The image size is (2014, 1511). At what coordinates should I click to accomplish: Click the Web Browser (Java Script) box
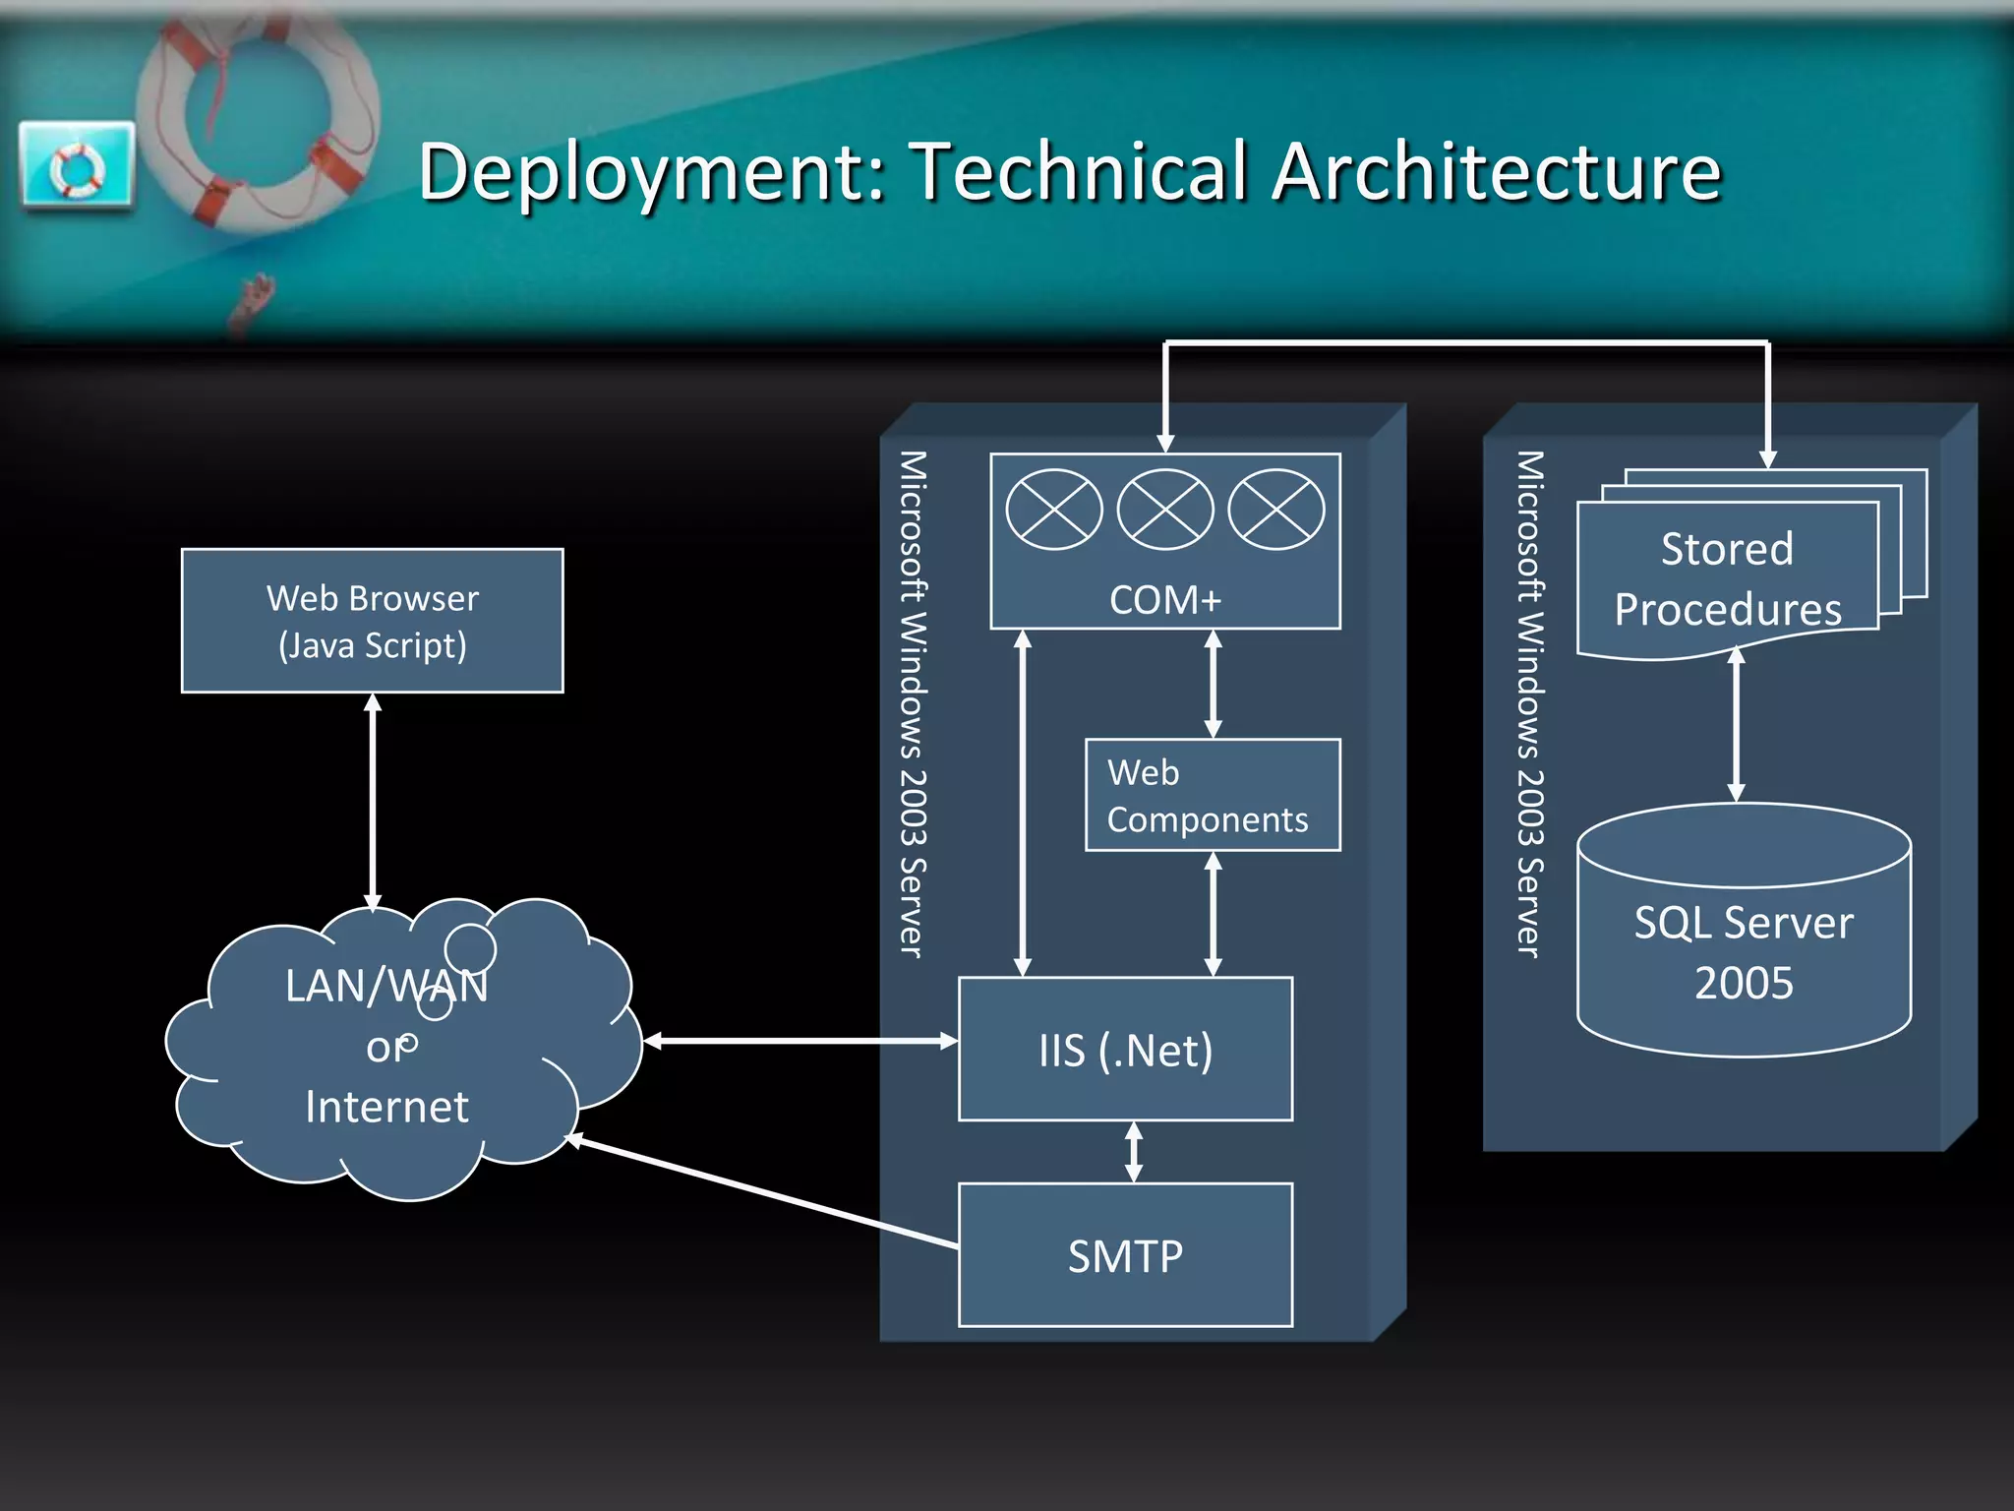coord(372,621)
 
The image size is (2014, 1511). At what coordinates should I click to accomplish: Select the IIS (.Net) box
coord(1125,1049)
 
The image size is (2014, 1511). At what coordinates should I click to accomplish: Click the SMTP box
coord(1125,1255)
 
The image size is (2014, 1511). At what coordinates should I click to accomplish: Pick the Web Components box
coord(1212,795)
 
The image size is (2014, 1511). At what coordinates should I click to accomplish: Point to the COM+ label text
coord(1164,600)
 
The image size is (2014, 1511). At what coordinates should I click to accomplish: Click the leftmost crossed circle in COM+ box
coord(1054,510)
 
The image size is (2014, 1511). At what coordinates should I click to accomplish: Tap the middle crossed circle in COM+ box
coord(1165,510)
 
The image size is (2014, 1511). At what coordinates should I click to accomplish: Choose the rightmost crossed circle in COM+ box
coord(1276,510)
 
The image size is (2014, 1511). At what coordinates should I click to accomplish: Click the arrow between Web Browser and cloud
coord(373,802)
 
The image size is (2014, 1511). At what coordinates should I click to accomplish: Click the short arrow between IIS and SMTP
coord(1134,1152)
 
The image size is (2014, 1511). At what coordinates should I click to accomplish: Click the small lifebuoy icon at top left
coord(77,165)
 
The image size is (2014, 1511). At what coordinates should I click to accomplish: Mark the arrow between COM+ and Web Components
coord(1213,684)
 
